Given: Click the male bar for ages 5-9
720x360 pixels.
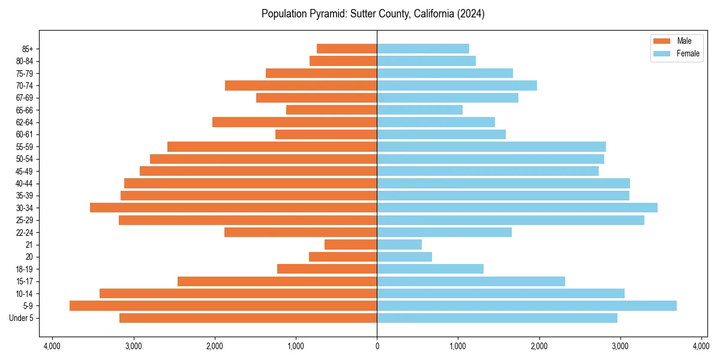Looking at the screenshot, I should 223,305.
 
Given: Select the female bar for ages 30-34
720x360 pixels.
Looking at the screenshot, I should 517,208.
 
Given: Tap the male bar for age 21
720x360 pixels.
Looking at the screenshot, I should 350,244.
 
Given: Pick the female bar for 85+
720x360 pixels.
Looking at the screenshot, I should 423,49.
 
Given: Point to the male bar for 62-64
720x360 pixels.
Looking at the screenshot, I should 295,122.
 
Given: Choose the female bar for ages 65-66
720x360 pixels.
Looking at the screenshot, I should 420,110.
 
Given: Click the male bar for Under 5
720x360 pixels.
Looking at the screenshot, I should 248,318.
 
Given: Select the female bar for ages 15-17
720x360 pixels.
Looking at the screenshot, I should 471,281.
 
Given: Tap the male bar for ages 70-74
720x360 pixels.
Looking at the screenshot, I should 301,85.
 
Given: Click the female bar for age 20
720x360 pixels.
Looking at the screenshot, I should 404,257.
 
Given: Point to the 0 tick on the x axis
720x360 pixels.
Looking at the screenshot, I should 377,346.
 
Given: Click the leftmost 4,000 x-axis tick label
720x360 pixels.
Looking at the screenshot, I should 52,346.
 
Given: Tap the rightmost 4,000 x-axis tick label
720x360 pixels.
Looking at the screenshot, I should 701,346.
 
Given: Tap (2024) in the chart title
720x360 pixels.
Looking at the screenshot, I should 471,14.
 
